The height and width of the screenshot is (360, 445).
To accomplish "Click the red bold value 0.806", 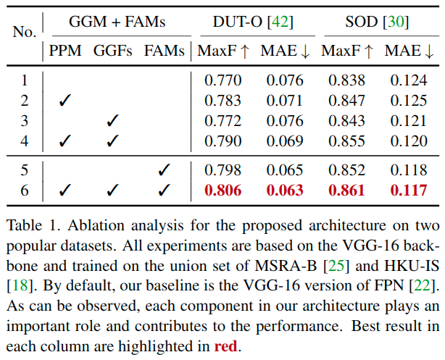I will coord(222,191).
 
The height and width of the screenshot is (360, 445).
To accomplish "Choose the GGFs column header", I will coord(113,51).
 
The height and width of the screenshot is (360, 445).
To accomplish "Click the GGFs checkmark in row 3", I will coord(112,120).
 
